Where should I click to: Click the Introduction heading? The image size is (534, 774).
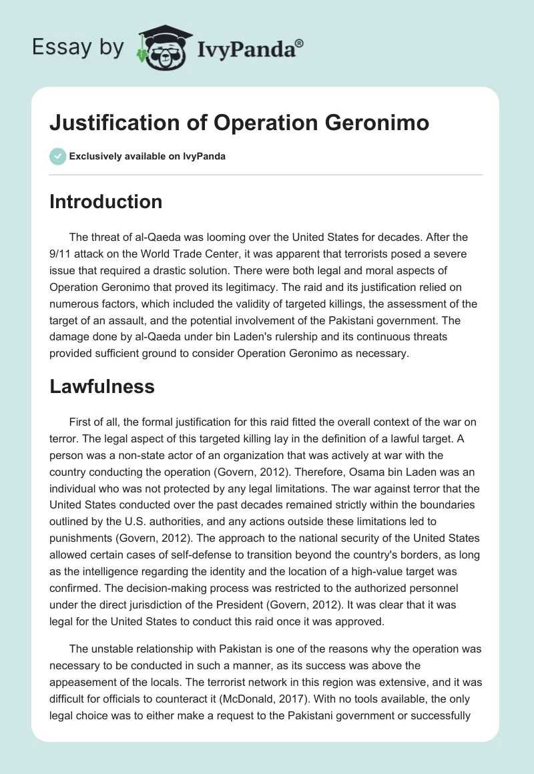tap(105, 202)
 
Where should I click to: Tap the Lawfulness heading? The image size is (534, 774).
tap(102, 386)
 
